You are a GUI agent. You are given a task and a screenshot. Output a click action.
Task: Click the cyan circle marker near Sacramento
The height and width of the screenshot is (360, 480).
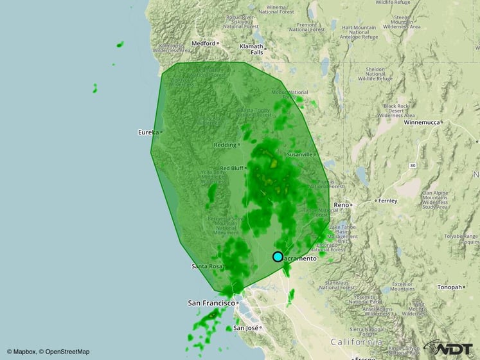coord(278,256)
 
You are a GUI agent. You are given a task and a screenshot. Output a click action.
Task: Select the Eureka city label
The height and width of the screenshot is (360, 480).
coord(148,132)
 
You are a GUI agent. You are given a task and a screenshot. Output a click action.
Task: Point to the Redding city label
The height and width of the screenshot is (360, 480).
coord(225,145)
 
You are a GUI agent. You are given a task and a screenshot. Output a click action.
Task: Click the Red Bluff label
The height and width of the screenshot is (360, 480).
coord(232,168)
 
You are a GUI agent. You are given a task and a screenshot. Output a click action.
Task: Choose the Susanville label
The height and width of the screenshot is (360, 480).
coord(299,154)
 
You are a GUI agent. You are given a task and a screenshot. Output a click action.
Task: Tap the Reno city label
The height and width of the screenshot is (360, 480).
coord(341,204)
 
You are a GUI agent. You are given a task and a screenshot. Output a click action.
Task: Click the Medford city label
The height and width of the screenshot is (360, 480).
coord(203,43)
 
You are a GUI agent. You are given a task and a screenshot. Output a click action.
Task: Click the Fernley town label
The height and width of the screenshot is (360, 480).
coord(388,201)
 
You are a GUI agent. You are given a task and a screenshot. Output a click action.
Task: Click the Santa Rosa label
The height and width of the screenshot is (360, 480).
coord(206,266)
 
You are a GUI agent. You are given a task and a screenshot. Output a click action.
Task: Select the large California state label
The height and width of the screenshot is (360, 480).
coord(356,342)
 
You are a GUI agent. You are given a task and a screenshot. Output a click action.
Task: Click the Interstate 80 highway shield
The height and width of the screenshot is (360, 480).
coord(411,165)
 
